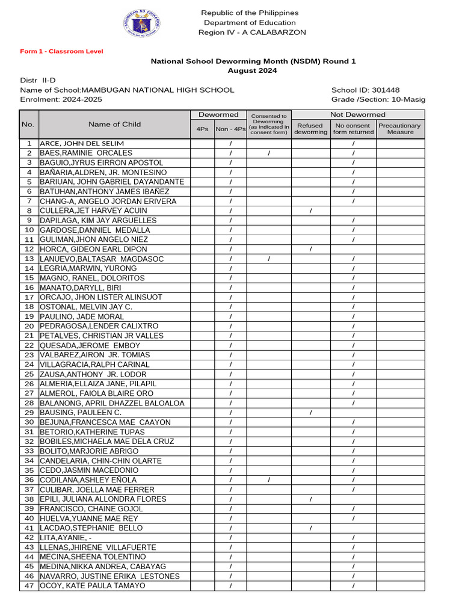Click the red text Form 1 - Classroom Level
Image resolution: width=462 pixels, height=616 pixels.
[61, 51]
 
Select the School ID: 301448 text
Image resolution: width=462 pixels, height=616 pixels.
[365, 90]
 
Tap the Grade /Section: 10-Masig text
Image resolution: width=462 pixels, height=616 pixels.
[378, 99]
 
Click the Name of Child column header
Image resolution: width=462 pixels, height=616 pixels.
[114, 125]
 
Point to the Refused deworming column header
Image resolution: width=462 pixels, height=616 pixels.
[310, 129]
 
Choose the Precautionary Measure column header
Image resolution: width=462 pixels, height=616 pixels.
[400, 129]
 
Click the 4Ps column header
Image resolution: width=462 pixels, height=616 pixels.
[202, 129]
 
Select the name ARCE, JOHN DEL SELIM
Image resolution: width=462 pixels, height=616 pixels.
[82, 144]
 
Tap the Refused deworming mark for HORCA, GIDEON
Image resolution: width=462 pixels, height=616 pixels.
[310, 249]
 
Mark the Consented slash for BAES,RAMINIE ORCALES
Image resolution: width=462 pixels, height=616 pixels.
[268, 153]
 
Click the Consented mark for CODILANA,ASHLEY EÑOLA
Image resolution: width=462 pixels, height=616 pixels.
[268, 480]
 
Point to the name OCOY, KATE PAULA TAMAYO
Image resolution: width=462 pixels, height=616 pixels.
[92, 586]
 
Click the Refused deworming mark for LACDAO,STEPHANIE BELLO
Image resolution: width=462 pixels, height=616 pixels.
[310, 528]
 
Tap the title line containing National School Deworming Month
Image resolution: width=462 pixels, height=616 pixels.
[253, 61]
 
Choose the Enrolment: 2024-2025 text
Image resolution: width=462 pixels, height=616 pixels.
[61, 99]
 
